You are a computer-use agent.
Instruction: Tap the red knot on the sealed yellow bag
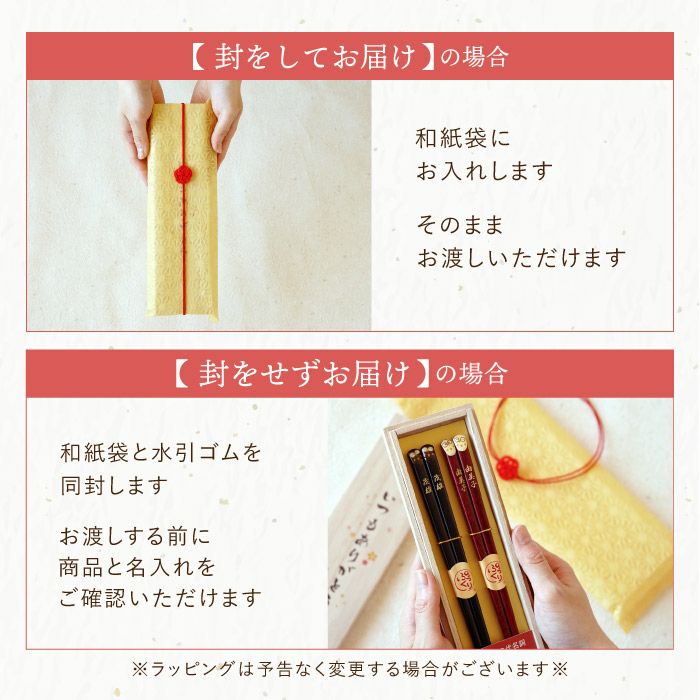coord(182,173)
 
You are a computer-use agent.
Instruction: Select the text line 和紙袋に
coord(463,138)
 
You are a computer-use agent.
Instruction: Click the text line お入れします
coord(483,171)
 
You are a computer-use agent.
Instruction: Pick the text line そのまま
coord(463,224)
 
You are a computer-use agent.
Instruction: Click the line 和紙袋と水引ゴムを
coord(161,452)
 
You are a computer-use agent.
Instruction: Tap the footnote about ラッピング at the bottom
coord(349,667)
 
